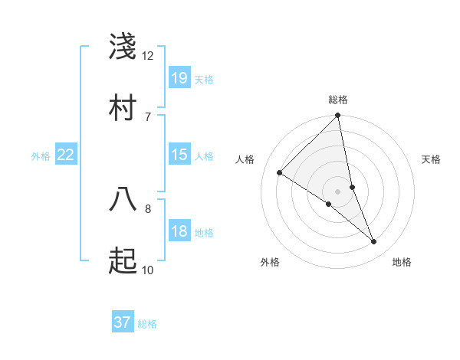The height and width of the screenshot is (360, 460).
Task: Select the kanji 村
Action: click(x=123, y=107)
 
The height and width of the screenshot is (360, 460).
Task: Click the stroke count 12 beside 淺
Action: click(x=148, y=56)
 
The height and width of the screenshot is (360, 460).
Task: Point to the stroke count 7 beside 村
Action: click(x=148, y=116)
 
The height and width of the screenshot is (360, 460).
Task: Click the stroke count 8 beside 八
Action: click(x=148, y=208)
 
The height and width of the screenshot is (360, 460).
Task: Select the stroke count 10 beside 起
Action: click(x=148, y=270)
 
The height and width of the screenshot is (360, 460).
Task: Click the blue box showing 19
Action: click(x=179, y=78)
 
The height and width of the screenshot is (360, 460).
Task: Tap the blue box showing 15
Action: click(x=179, y=155)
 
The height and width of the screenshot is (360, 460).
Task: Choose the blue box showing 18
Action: click(x=179, y=231)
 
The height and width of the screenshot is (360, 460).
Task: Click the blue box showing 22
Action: click(x=66, y=155)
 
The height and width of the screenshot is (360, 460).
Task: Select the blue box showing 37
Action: click(x=123, y=322)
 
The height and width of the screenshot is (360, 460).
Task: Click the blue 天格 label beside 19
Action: click(x=204, y=80)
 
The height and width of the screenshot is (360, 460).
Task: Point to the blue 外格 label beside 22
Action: click(x=41, y=156)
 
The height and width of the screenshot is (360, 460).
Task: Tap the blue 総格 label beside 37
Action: click(x=147, y=324)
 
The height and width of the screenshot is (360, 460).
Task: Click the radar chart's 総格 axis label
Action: click(x=338, y=100)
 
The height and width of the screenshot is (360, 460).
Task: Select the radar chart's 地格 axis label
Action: click(x=402, y=262)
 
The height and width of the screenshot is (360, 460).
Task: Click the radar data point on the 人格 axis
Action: click(x=280, y=173)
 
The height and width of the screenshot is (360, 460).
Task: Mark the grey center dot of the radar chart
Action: click(x=338, y=191)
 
